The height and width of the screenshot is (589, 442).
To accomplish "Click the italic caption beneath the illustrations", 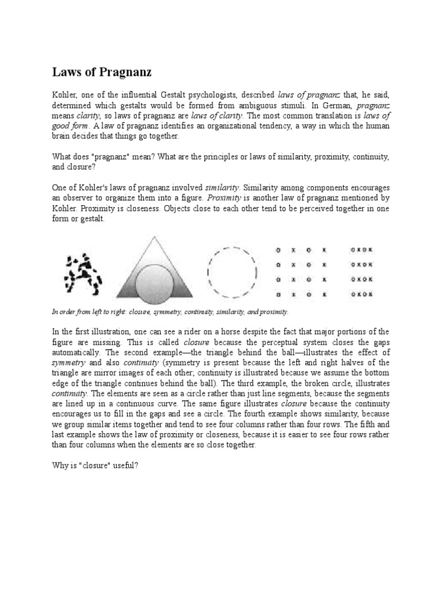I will coord(170,311).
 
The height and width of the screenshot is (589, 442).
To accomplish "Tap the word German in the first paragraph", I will coord(332,106).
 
